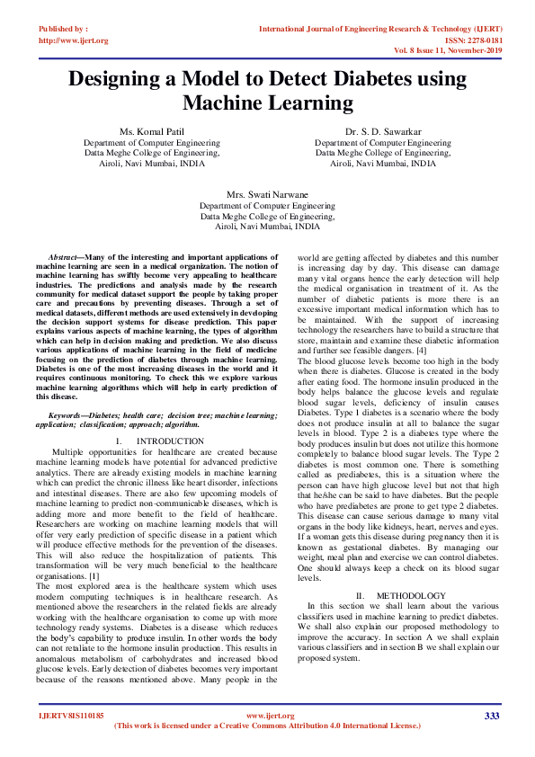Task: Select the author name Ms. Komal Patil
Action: click(151, 132)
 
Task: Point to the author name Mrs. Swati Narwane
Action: click(267, 194)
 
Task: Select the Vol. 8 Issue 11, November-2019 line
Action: click(443, 51)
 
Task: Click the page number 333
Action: click(491, 716)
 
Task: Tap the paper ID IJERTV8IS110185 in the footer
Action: click(71, 716)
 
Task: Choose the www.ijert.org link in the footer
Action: click(267, 716)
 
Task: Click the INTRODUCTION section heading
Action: click(173, 441)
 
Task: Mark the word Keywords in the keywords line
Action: click(66, 414)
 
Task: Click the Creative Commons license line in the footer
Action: click(267, 726)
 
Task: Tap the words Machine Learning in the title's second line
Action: click(268, 103)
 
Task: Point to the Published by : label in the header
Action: click(63, 29)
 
